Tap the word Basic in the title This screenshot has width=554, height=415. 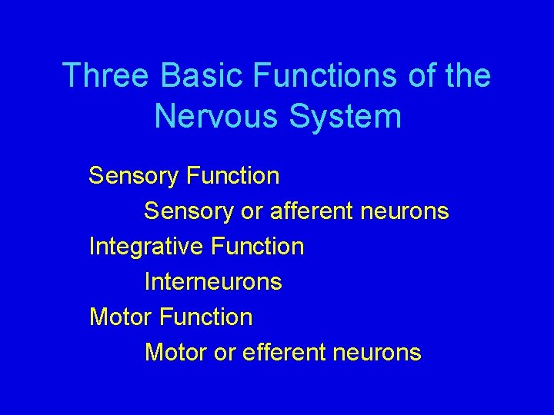click(x=202, y=76)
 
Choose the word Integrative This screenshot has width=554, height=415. click(x=144, y=247)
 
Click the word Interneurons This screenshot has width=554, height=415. click(x=213, y=282)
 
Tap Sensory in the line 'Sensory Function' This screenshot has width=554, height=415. click(x=133, y=176)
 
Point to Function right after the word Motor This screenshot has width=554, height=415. click(x=205, y=317)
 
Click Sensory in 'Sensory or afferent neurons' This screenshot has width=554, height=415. click(x=189, y=211)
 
